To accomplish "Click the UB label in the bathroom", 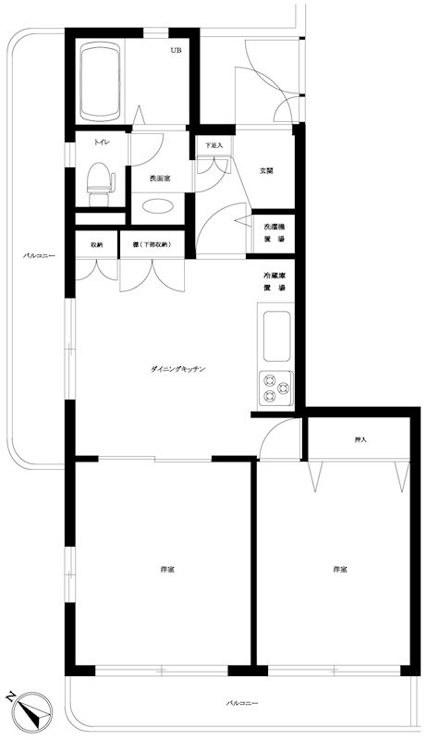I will click(176, 51).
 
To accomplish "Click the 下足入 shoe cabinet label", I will click(214, 146).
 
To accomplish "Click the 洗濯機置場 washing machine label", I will click(274, 232).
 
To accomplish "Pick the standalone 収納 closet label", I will click(96, 245).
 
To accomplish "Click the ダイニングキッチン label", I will click(178, 369).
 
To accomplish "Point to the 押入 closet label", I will click(360, 440).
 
